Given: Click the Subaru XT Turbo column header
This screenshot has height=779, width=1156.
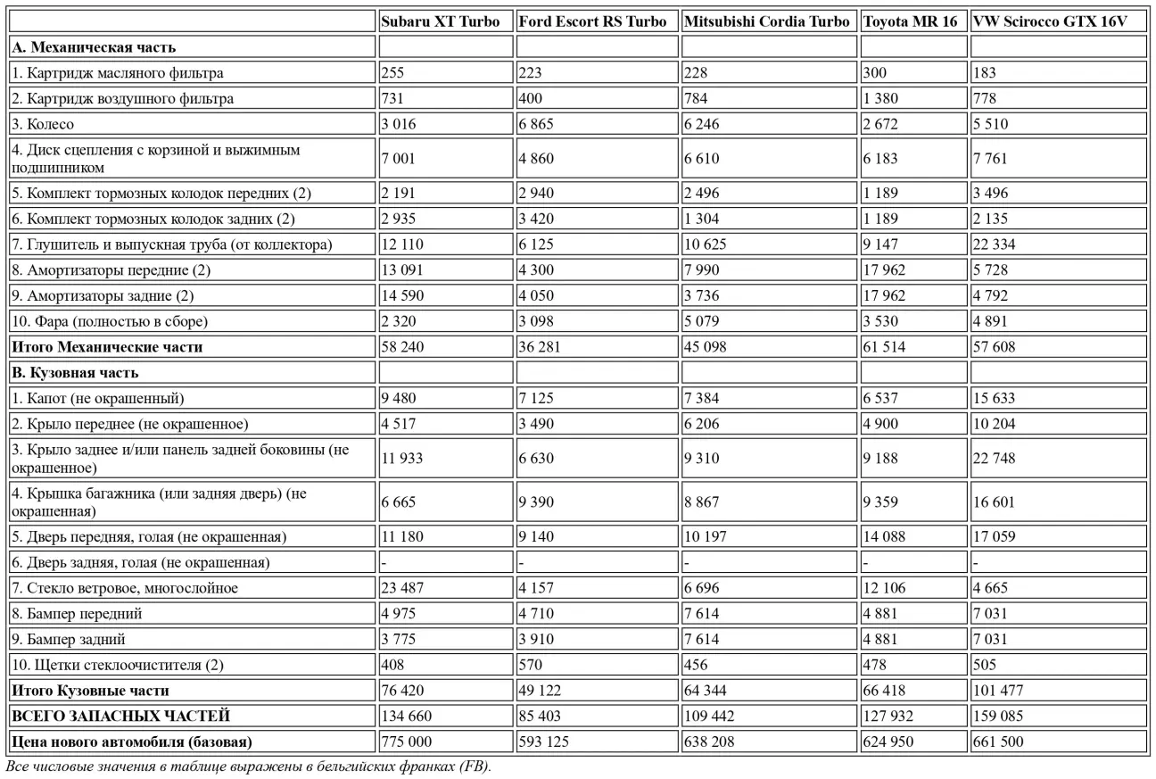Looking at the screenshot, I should click(x=441, y=21).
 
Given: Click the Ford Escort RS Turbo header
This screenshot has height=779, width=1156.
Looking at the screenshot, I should click(x=592, y=21).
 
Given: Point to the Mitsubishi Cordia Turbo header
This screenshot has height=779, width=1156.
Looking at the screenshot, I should click(x=766, y=21).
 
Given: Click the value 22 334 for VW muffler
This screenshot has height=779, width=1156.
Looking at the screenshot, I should click(x=995, y=244).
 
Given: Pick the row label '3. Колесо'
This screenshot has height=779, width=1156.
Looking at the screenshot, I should click(x=43, y=124).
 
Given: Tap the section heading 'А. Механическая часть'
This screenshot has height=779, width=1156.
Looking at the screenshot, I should click(x=94, y=46).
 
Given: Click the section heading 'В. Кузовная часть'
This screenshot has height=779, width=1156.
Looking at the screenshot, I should click(x=75, y=373).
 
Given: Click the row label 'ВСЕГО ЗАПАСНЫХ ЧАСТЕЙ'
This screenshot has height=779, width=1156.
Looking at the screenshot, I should click(x=120, y=716).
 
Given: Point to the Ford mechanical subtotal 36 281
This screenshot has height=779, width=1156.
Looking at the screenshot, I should click(x=539, y=347).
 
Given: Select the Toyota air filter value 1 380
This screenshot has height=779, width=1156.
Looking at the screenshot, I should click(x=880, y=98).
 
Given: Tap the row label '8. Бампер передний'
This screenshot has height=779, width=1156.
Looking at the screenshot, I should click(x=76, y=614).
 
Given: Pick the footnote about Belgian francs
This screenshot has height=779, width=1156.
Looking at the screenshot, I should click(x=248, y=767).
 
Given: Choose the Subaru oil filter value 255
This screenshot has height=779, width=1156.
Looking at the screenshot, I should click(x=392, y=73).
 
